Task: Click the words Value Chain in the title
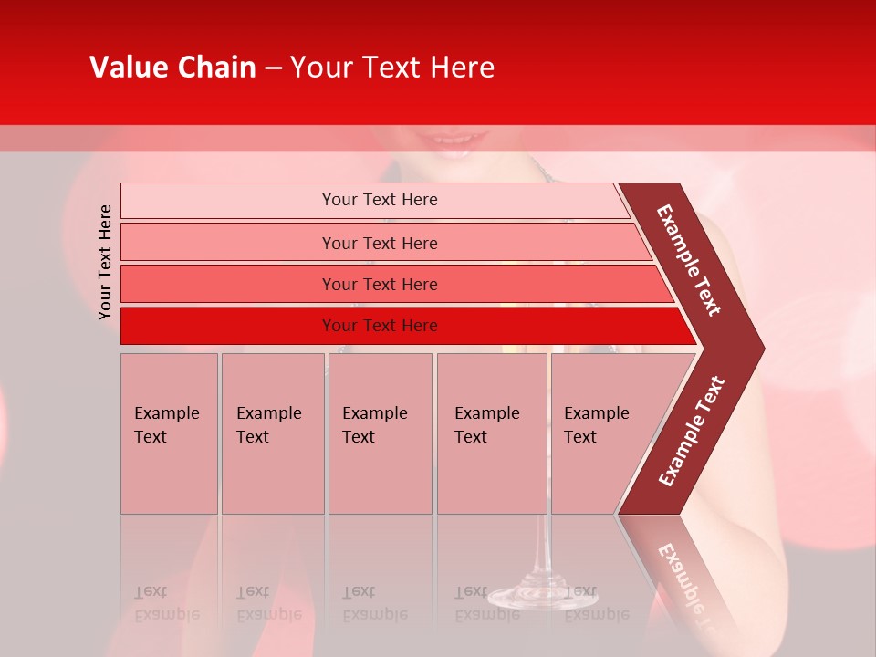coord(172,68)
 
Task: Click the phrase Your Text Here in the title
coord(392,68)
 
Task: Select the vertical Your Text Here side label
coord(105,262)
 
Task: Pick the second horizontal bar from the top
coord(379,243)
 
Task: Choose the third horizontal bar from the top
coord(379,284)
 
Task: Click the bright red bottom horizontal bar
coord(379,326)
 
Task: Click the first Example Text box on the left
coord(169,433)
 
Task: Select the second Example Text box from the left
coord(272,433)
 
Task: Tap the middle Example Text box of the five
coord(380,433)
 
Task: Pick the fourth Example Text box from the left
coord(491,433)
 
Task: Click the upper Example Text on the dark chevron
coord(689,260)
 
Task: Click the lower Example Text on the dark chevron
coord(691,432)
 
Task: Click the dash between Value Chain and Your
coord(273,68)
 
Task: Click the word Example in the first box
coord(166,413)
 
